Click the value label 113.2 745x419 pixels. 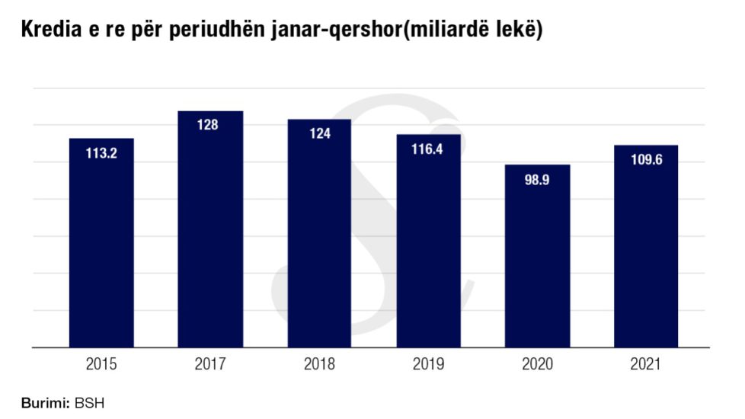tap(101, 152)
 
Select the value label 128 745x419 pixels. tap(208, 125)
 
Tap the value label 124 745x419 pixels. tap(319, 133)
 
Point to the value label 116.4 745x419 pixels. tap(428, 149)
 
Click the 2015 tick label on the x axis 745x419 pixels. tap(101, 365)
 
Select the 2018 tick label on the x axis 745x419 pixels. tap(319, 365)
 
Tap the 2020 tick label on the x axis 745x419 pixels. tap(537, 365)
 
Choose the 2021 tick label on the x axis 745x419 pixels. tap(646, 365)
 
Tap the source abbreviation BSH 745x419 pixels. tap(90, 403)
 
